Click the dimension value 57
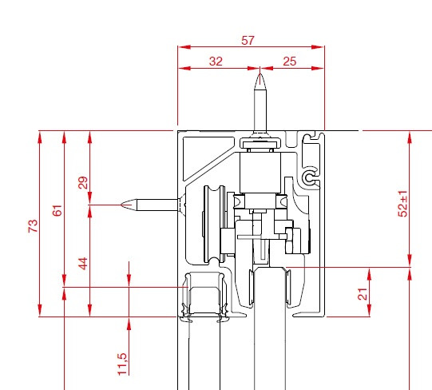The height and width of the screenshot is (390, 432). (x=248, y=41)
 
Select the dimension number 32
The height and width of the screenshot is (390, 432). (x=216, y=62)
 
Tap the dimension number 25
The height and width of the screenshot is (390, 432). (x=289, y=62)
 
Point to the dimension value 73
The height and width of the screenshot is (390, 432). (x=33, y=226)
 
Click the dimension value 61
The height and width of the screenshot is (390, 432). (x=57, y=210)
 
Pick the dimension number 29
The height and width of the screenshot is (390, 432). (x=83, y=182)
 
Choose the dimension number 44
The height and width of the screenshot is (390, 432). (x=83, y=264)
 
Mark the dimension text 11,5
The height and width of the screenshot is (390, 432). (x=122, y=364)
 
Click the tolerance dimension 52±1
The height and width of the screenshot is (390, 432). (x=402, y=204)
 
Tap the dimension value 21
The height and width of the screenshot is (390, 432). (x=363, y=294)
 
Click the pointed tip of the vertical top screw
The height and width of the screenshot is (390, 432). (x=260, y=74)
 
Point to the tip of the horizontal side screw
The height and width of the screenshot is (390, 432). (x=121, y=205)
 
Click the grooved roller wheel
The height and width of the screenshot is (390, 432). (x=215, y=224)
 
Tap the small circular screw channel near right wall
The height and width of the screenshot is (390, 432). (x=310, y=177)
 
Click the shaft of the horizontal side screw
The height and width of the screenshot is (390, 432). (x=157, y=205)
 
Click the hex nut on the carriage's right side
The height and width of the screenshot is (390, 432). (x=289, y=241)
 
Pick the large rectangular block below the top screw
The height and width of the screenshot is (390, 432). (x=260, y=173)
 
